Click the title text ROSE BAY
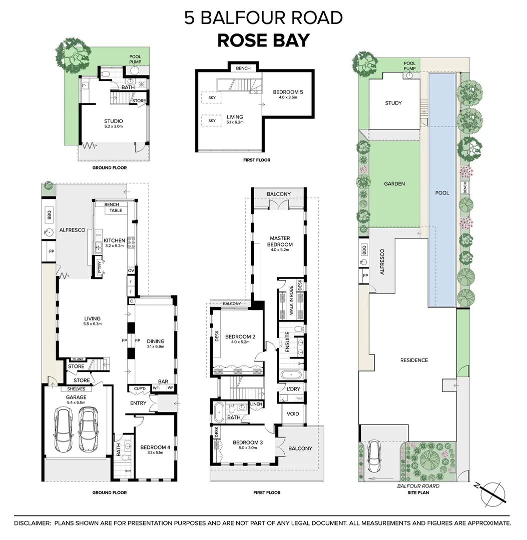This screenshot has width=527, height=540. tap(263, 40)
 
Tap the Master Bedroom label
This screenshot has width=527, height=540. tap(280, 241)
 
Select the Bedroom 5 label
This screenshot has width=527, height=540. tap(288, 94)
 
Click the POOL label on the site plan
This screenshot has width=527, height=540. tap(442, 193)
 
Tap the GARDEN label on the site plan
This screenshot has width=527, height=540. tap(394, 183)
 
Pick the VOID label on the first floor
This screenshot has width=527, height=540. tap(292, 414)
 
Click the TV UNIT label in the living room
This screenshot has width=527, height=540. tap(77, 359)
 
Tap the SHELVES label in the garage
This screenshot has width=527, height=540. tap(73, 389)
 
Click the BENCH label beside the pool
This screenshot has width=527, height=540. tap(465, 188)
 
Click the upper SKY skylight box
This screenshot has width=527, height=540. tap(212, 98)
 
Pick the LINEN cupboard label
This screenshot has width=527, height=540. tap(256, 404)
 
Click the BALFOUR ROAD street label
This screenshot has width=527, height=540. tap(418, 486)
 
